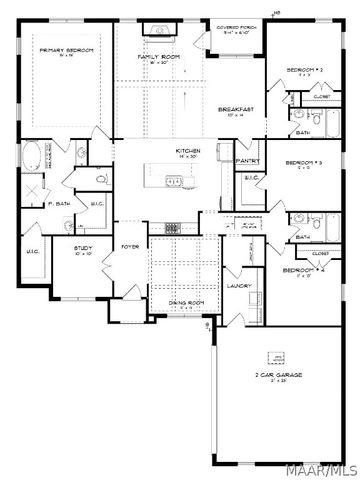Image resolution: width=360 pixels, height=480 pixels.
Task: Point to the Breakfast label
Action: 237,109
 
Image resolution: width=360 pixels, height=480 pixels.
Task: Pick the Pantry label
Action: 247,160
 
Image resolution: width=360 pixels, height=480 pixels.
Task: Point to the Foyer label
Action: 130,244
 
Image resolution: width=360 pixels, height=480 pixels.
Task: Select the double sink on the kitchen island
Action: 175,181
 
